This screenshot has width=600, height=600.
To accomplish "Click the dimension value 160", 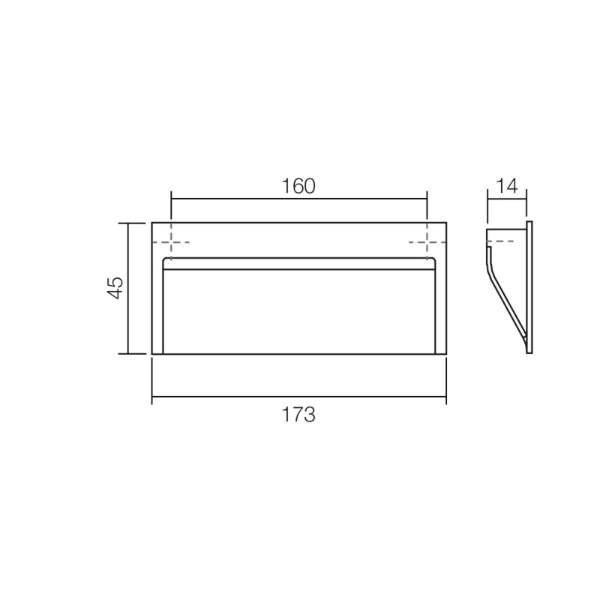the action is (x=298, y=186).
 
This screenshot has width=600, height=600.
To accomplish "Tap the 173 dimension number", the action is (x=298, y=415).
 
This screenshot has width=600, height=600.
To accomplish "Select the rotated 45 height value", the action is (x=115, y=287).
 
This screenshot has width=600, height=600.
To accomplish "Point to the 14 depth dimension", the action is (x=507, y=186).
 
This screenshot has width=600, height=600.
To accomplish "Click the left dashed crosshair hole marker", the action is (x=171, y=242).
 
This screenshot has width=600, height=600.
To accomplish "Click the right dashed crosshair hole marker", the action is (x=427, y=242).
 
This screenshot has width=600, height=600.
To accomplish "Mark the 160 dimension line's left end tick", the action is (x=171, y=199).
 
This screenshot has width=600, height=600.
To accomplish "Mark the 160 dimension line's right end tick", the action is (x=427, y=199).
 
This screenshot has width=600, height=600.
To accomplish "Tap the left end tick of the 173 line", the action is (x=152, y=397).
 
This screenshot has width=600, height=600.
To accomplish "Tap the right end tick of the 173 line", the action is (x=446, y=397).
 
